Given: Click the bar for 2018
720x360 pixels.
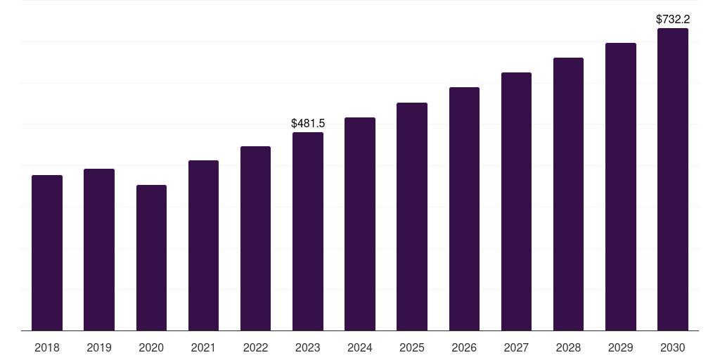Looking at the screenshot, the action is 47,252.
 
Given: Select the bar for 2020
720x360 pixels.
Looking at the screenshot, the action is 151,257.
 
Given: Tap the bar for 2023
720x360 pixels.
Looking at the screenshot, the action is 308,231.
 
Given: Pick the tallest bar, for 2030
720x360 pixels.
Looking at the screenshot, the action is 673,179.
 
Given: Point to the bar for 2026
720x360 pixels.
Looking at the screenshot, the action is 464,209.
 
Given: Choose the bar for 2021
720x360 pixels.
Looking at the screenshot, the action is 203,245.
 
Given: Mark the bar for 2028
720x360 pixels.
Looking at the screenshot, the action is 568,194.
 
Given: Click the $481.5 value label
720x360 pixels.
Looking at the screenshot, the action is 308,123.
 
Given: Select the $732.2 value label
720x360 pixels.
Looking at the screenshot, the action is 673,19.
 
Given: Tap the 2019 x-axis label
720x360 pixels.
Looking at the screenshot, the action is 99,347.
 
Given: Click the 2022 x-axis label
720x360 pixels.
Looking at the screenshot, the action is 255,347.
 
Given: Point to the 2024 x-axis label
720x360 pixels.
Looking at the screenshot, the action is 360,347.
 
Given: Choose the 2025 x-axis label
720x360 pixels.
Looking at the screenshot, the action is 412,347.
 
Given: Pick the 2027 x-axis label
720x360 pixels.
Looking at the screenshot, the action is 516,347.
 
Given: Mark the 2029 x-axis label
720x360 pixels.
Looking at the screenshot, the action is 621,347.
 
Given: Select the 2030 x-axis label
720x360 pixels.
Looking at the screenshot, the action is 673,347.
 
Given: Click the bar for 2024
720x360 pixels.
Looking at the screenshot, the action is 360,224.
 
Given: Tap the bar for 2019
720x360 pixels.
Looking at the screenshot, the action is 99,250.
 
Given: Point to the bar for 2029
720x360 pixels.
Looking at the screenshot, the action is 621,187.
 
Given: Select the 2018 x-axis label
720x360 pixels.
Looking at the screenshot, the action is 47,347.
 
